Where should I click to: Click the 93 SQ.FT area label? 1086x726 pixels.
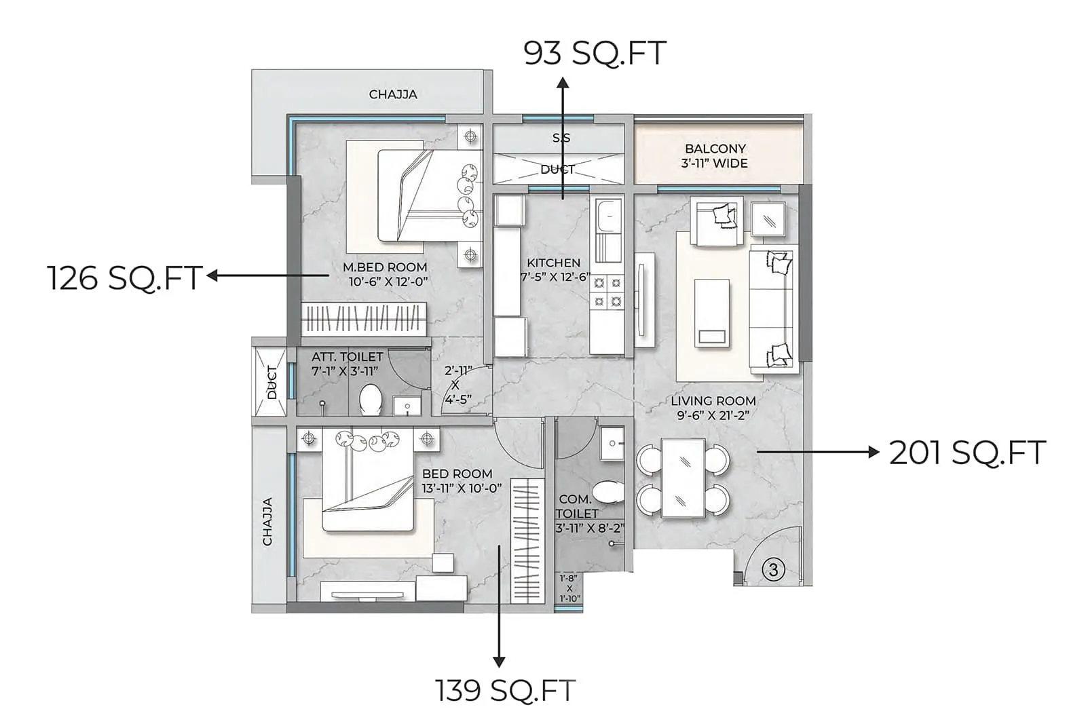[x=595, y=53]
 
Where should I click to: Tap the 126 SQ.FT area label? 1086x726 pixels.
[x=125, y=278]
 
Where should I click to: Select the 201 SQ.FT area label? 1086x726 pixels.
[x=967, y=453]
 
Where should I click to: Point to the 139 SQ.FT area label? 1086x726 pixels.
[x=505, y=691]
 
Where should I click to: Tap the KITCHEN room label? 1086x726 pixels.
[x=554, y=263]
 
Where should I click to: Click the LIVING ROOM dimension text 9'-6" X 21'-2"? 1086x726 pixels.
[x=713, y=415]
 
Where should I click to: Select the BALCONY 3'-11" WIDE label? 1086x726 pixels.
[x=715, y=156]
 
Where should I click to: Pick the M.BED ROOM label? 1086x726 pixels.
[x=385, y=267]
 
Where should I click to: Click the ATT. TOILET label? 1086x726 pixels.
[x=347, y=356]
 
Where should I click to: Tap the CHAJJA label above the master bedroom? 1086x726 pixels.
[x=393, y=94]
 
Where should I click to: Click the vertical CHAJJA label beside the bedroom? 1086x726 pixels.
[x=267, y=521]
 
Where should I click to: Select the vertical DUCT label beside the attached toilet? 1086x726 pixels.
[x=272, y=383]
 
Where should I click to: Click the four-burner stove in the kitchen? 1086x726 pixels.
[x=607, y=292]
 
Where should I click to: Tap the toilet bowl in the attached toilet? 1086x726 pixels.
[x=371, y=399]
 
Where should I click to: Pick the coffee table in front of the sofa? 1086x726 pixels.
[x=712, y=312]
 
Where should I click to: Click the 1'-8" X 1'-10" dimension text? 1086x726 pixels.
[x=569, y=588]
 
